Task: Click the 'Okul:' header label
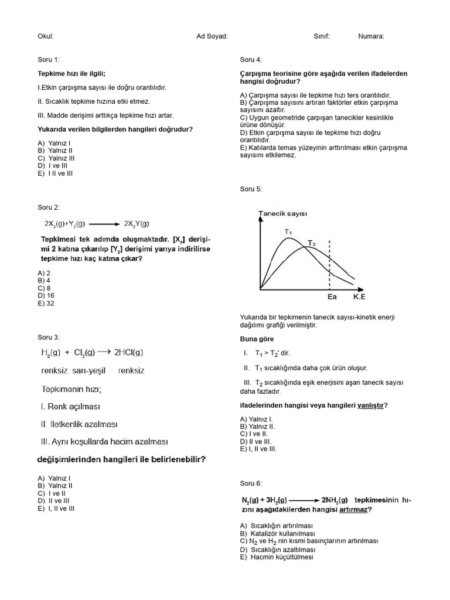[46, 36]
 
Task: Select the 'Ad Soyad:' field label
[212, 36]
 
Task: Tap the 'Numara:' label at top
[371, 36]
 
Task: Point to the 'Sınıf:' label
[322, 36]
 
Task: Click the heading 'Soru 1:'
[49, 60]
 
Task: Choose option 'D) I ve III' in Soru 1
[53, 166]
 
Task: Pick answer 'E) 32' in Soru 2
[46, 304]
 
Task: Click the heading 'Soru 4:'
[251, 60]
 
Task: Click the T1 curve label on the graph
[288, 231]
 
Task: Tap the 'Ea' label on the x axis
[332, 297]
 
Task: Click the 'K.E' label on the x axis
[359, 297]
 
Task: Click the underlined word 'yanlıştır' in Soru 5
[370, 405]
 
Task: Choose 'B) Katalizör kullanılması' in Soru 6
[278, 534]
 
